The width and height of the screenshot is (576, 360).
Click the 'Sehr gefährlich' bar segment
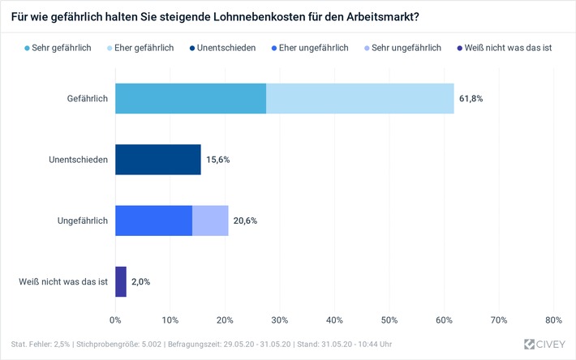tap(191, 98)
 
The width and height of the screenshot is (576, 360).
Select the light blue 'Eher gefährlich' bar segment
tap(359, 98)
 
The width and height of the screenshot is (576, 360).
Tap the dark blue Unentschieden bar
tap(157, 159)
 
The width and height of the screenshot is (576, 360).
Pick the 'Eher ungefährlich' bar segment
tap(153, 220)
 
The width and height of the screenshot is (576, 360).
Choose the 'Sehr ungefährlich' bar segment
tap(210, 220)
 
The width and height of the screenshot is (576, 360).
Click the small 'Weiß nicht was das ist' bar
tap(121, 281)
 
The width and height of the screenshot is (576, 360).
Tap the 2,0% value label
tap(140, 281)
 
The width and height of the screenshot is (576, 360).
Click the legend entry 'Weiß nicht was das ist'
tap(505, 48)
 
